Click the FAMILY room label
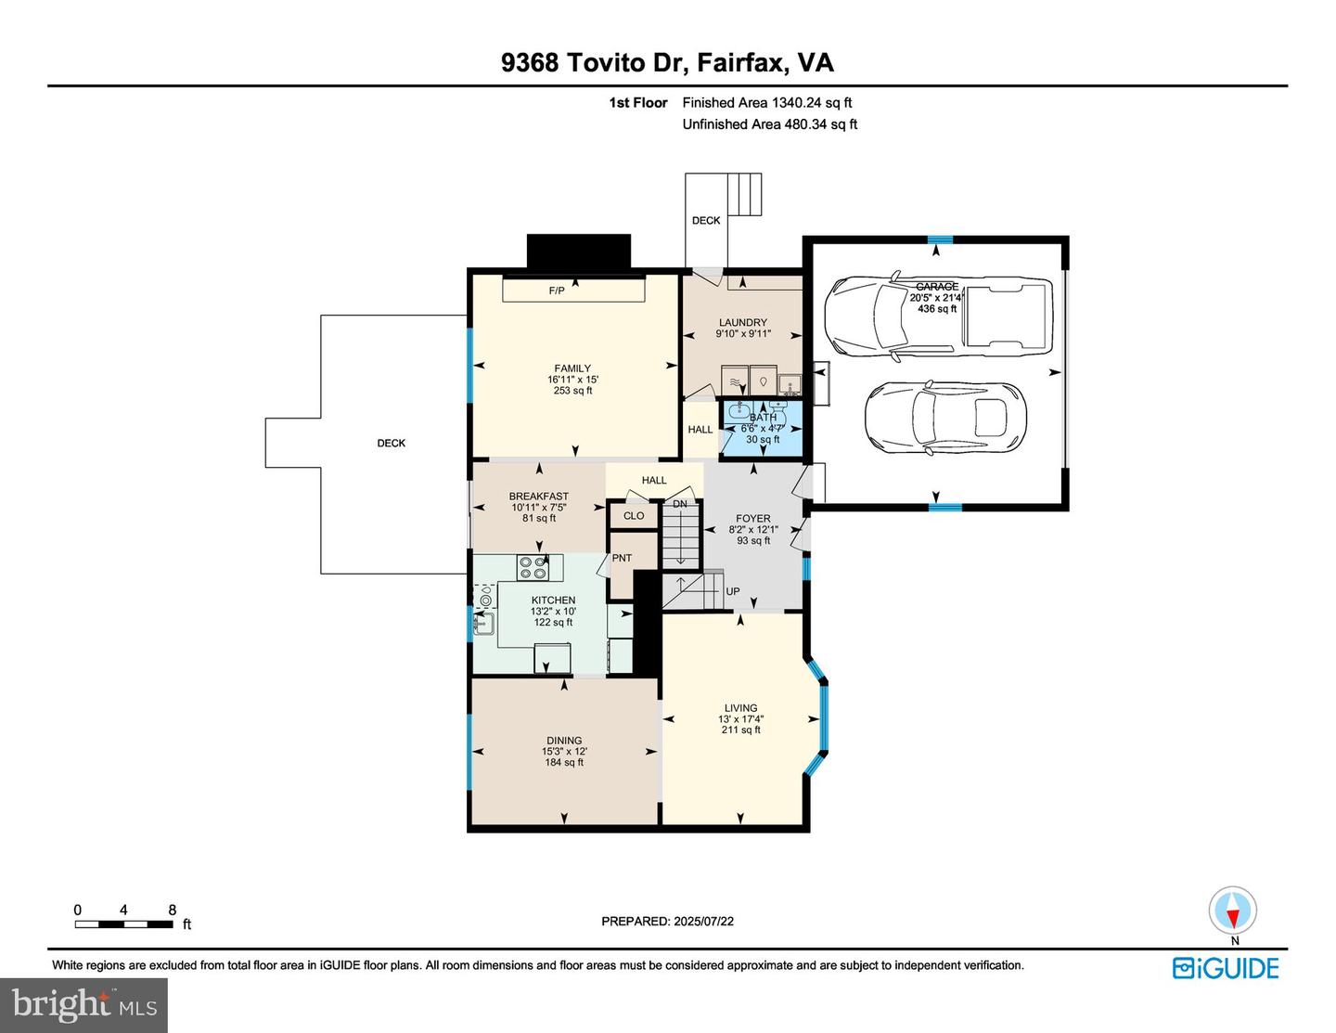tap(572, 368)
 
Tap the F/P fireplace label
tap(557, 291)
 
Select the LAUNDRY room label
tap(742, 322)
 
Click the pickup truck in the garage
tap(937, 316)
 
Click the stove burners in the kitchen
tap(533, 567)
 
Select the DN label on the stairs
tap(680, 504)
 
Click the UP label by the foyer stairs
tap(733, 591)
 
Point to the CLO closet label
tap(634, 516)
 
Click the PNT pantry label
tap(622, 558)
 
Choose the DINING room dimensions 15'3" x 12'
tap(564, 752)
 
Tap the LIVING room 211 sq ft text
tap(740, 730)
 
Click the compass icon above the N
tap(1233, 910)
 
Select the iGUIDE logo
tap(1225, 968)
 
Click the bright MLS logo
tap(84, 1005)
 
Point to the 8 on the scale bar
tap(173, 910)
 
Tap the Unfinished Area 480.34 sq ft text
tap(769, 124)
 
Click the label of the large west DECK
tap(392, 443)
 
